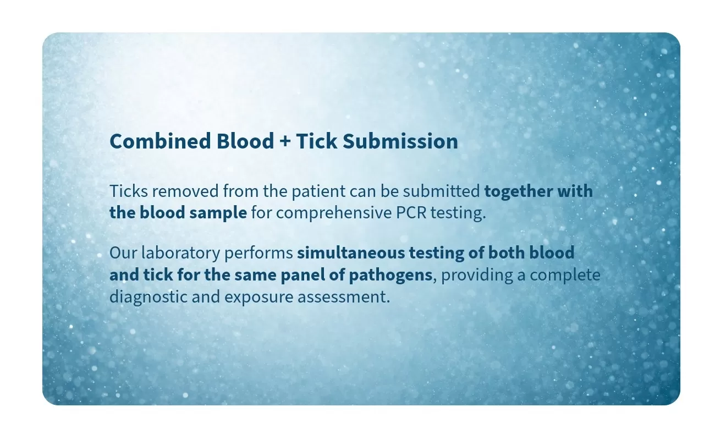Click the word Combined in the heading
(160, 141)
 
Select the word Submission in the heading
(400, 141)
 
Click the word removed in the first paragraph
(185, 191)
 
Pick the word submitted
(441, 191)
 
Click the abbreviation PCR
(411, 213)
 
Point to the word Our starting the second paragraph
(123, 252)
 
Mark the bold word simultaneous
(351, 252)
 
